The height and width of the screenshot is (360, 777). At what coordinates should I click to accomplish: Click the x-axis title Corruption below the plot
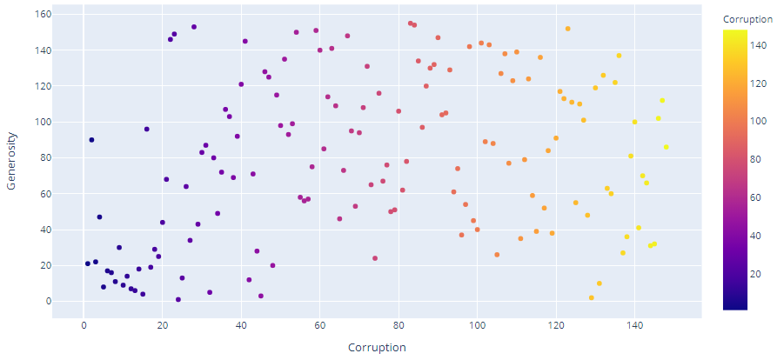[x=378, y=348]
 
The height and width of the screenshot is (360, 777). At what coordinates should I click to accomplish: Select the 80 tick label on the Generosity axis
[x=44, y=158]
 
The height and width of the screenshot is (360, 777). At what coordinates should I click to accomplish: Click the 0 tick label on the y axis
[x=48, y=301]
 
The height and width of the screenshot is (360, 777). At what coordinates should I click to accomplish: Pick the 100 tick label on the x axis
[x=477, y=325]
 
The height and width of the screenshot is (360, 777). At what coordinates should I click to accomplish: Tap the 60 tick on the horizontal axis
[x=319, y=325]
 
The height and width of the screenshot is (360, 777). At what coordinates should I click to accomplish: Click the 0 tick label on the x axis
[x=84, y=325]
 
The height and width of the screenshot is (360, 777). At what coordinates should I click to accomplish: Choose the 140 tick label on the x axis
[x=634, y=325]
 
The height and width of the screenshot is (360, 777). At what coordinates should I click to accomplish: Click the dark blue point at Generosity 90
[x=91, y=140]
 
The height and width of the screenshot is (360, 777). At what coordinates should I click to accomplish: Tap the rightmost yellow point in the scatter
[x=666, y=147]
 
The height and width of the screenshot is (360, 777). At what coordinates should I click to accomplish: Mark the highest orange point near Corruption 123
[x=567, y=29]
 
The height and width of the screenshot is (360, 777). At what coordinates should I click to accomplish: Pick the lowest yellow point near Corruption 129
[x=592, y=297]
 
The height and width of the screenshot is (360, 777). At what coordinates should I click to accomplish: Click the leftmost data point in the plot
[x=88, y=263]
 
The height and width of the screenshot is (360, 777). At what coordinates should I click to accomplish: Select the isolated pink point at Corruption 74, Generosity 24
[x=375, y=258]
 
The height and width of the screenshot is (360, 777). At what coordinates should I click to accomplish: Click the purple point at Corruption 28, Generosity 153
[x=194, y=27]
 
